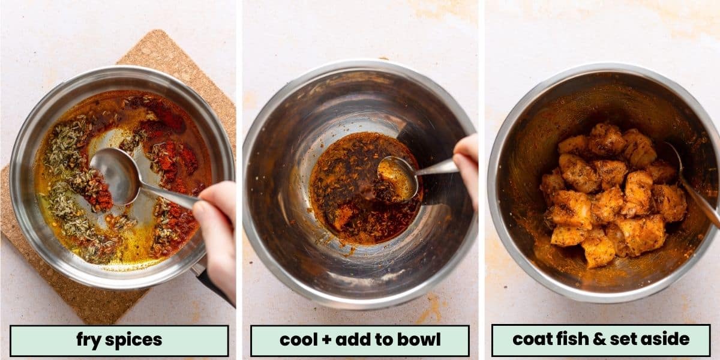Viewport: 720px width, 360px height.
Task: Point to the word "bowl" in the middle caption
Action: pos(419,340)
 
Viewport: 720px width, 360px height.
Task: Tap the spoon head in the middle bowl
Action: pos(398,178)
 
